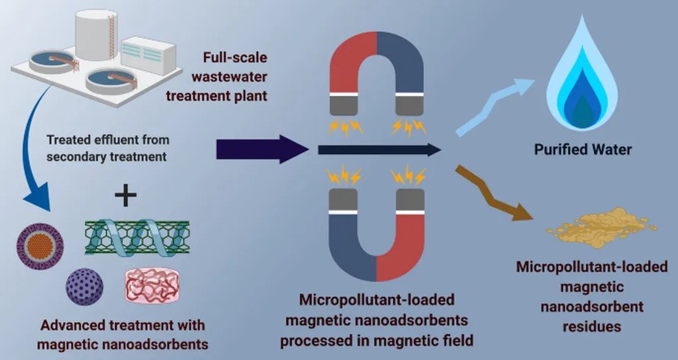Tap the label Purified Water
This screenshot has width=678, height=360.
[x=583, y=150]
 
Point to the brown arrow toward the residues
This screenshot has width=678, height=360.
[x=493, y=192]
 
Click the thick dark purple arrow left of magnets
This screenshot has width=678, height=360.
[x=258, y=150]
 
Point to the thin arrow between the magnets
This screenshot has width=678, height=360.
[x=378, y=150]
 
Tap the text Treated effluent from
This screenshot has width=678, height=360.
[x=108, y=140]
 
